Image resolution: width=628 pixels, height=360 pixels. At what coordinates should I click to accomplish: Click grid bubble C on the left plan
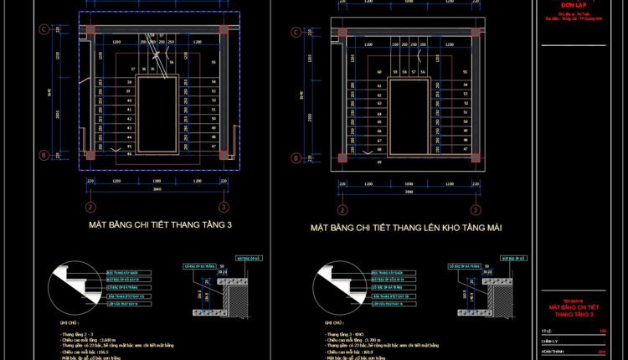point(43,30)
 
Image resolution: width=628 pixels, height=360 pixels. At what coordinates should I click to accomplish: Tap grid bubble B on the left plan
point(43,155)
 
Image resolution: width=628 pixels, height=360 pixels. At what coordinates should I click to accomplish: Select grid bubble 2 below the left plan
point(90,207)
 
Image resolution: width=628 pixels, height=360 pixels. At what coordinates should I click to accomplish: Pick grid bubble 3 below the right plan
point(474,207)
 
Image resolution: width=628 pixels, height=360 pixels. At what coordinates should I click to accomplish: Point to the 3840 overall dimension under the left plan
point(156,189)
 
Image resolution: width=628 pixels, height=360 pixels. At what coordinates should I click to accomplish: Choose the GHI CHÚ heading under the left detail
point(68,321)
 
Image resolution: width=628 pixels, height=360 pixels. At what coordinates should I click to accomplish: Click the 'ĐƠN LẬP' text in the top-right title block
point(574,5)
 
